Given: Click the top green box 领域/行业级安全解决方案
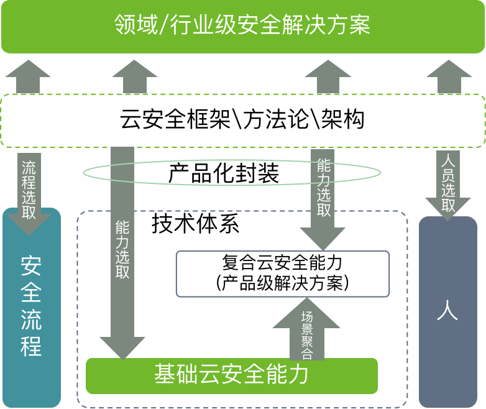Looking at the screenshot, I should (x=242, y=27).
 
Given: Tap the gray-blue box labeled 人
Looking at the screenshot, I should (x=447, y=311).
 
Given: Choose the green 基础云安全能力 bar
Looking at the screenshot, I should (x=231, y=376).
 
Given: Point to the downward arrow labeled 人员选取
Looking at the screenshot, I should (x=448, y=183).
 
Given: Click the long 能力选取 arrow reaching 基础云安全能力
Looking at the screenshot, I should (x=122, y=249).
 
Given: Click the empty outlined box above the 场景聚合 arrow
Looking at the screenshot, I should (x=282, y=273).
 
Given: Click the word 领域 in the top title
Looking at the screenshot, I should (x=132, y=25).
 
